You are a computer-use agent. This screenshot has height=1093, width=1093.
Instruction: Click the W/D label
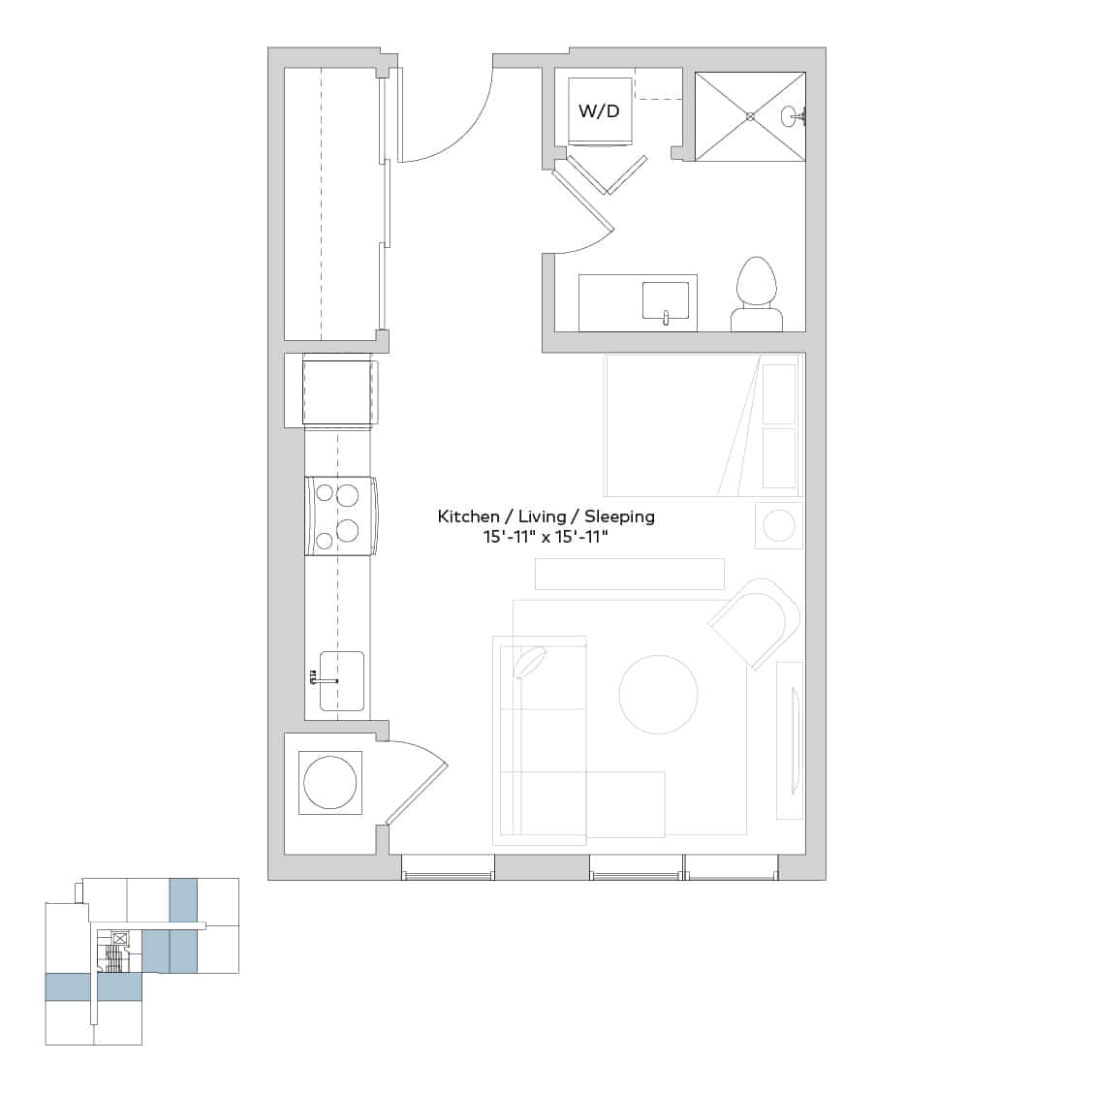coord(598,110)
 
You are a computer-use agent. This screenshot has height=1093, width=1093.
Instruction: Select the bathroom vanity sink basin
coord(665,300)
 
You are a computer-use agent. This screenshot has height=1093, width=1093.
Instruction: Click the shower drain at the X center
coord(750,116)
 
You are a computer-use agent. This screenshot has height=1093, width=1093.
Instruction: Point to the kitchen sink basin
coord(341,681)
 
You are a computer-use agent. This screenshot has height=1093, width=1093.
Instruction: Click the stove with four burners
coord(340,515)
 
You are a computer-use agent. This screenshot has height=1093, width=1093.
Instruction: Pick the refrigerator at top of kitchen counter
coord(336,390)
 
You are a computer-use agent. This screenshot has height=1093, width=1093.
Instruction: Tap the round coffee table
coord(658,694)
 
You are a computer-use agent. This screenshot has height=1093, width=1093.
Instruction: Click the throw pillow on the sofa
coord(529,665)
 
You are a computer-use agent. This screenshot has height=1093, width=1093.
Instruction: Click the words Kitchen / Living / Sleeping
coord(546,516)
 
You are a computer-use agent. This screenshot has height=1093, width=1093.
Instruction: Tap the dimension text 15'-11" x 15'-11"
coord(546,537)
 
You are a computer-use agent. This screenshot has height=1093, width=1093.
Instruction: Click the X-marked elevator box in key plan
coord(120,938)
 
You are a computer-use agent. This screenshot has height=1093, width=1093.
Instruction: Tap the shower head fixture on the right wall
coord(796,117)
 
